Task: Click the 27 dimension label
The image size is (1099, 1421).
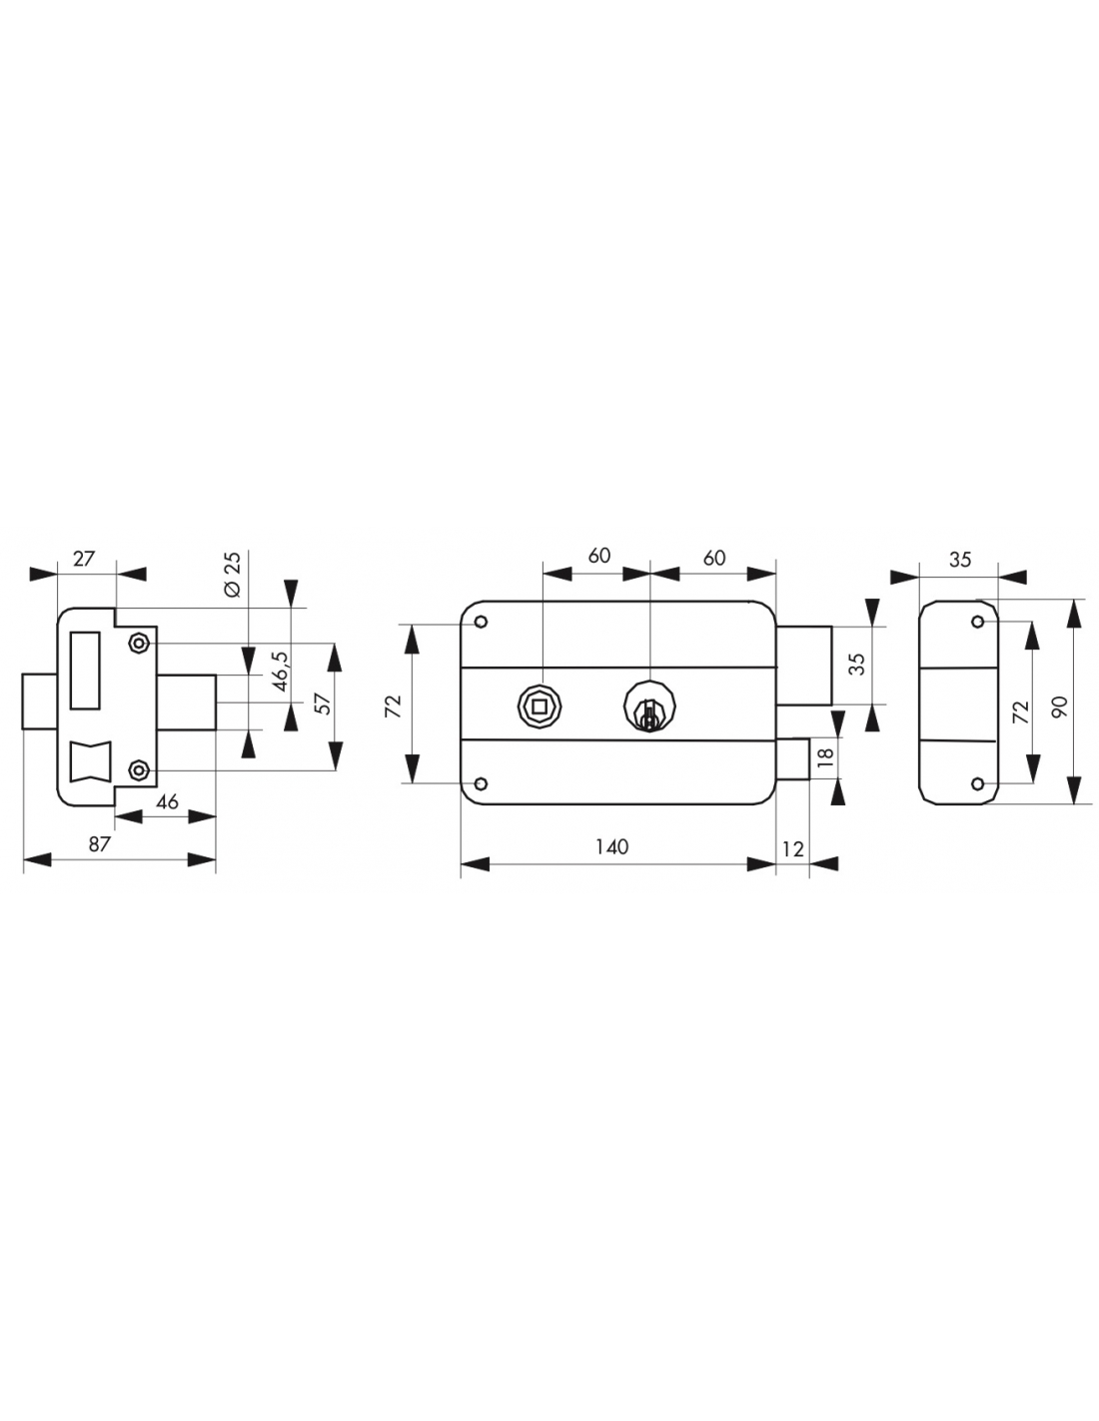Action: pos(84,559)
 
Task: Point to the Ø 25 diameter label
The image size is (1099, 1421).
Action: pos(233,575)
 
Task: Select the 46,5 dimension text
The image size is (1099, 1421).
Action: pos(281,671)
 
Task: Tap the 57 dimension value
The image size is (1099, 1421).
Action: pos(323,703)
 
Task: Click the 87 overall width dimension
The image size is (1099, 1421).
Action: pos(99,843)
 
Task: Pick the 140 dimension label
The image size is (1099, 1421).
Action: pos(611,846)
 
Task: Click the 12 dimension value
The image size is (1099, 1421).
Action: pos(792,848)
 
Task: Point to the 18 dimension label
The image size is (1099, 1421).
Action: pos(825,755)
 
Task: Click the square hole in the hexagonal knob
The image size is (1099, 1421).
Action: pos(540,707)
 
